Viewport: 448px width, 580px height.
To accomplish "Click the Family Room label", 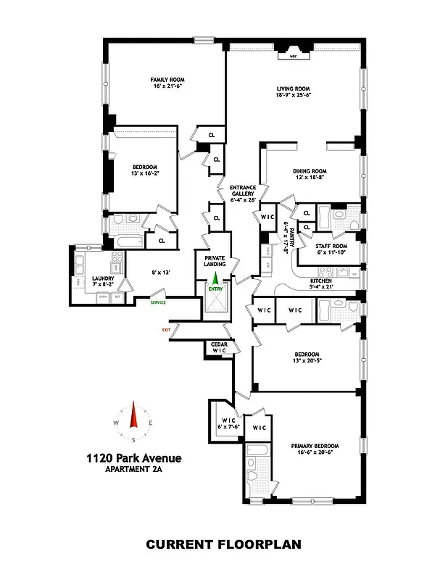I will tap(165, 80).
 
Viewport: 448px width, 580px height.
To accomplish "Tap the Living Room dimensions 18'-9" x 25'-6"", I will tap(293, 95).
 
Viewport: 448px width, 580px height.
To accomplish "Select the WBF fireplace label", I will tap(294, 56).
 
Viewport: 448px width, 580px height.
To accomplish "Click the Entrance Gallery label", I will tap(243, 191).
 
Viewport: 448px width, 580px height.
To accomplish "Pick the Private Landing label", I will tap(215, 261).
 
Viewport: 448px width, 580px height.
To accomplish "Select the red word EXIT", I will tap(167, 330).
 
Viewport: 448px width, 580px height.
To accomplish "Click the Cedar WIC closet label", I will tap(219, 347).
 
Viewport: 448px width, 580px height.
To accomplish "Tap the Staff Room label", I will tap(332, 246).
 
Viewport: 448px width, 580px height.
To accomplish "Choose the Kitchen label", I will tap(321, 281).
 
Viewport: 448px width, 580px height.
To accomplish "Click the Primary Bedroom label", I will tap(315, 446).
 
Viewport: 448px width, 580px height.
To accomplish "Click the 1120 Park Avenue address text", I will tap(133, 457).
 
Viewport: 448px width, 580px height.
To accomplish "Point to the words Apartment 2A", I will tap(133, 469).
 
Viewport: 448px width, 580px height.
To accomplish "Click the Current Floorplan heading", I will tap(223, 544).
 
